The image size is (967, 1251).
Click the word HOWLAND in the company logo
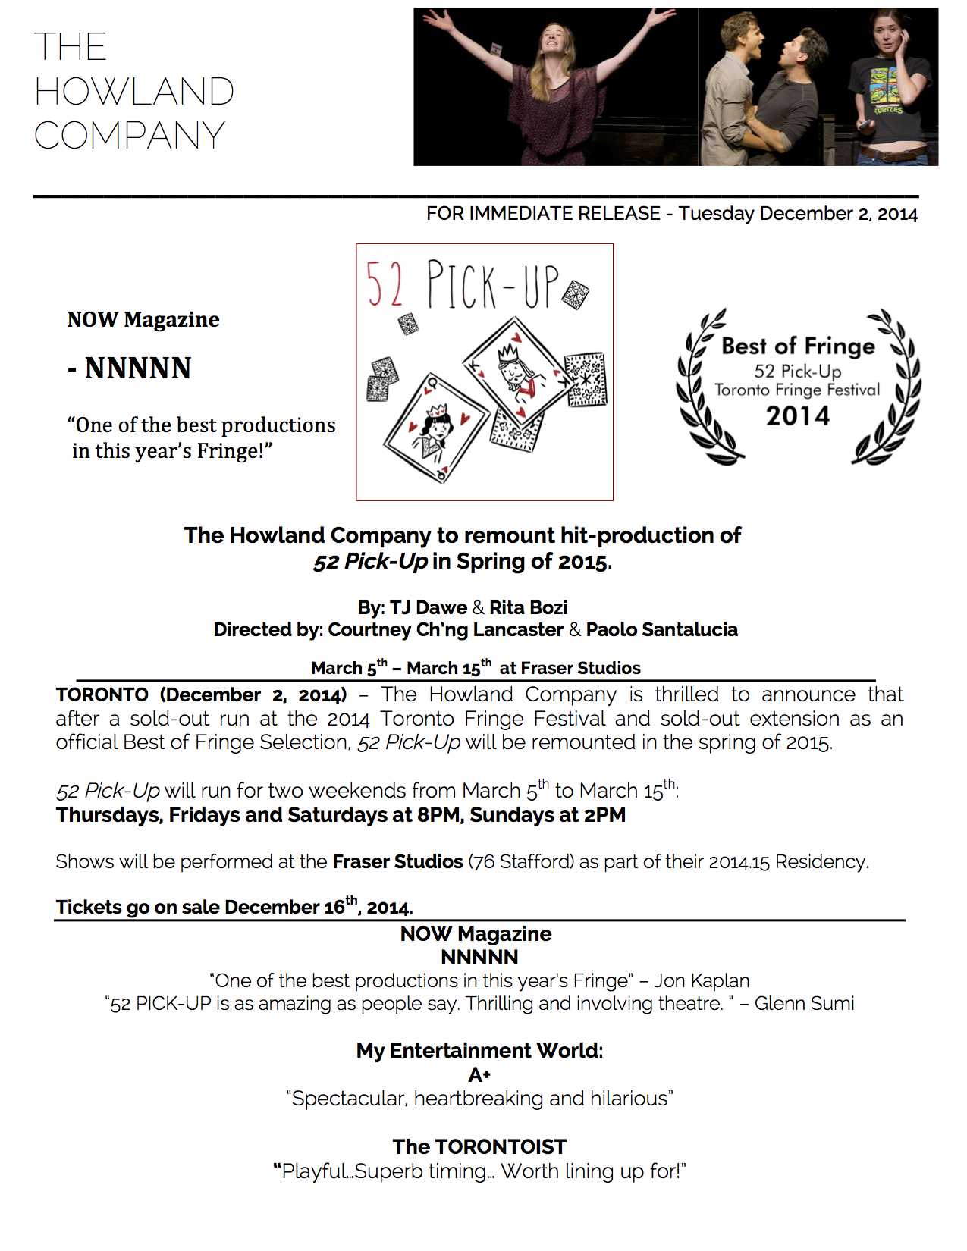coord(133,92)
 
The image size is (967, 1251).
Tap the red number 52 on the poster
coord(385,284)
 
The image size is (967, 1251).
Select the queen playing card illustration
coord(435,428)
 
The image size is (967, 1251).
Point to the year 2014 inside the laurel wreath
coord(797,415)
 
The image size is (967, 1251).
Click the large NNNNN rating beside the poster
coord(137,368)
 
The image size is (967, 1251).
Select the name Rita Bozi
coord(528,607)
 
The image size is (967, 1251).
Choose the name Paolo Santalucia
coord(661,629)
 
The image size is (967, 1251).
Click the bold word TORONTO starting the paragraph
coord(102,694)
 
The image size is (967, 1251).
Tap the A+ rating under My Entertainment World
coord(479,1074)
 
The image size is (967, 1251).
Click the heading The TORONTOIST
coord(479,1146)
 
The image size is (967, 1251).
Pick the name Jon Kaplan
coord(702,980)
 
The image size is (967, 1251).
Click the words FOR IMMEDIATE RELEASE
coord(543,214)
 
